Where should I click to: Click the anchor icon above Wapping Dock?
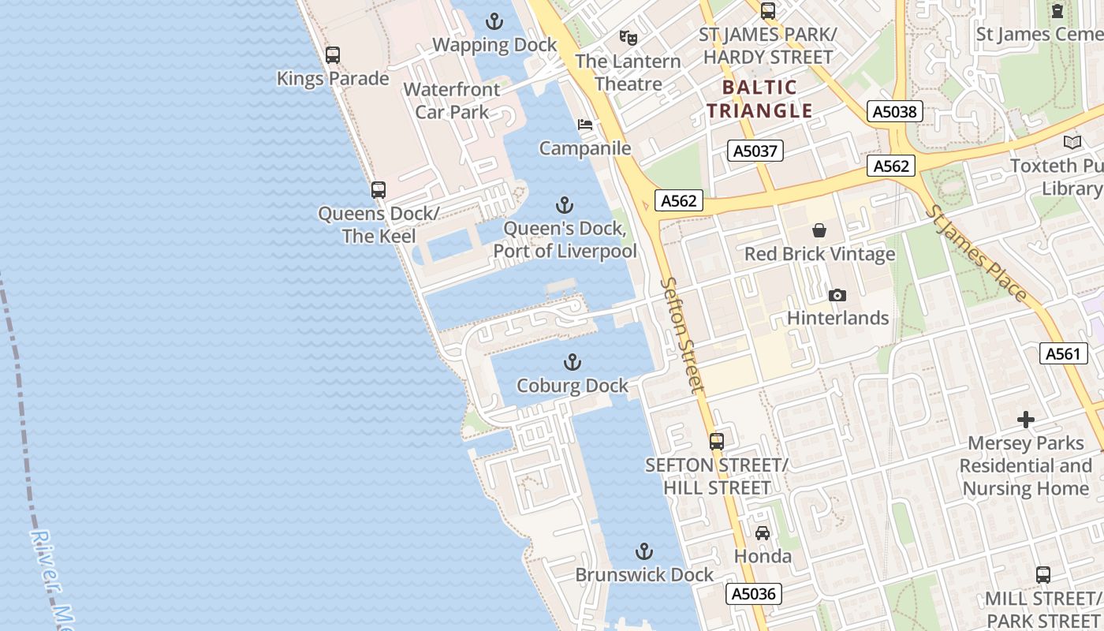[494, 21]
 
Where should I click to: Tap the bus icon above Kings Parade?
[333, 55]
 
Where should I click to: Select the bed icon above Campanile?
[585, 125]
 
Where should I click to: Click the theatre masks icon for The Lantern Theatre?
[628, 37]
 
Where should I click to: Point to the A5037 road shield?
[755, 151]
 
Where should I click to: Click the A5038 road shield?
[896, 111]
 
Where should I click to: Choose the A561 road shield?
[1062, 354]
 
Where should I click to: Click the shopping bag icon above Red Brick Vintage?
[819, 230]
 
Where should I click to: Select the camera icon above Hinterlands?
[837, 295]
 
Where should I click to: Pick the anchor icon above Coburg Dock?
[573, 362]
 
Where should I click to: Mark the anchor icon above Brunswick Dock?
[644, 551]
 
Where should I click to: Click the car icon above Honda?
[763, 533]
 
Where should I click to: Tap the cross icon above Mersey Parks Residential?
[1025, 419]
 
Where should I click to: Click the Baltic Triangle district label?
[759, 99]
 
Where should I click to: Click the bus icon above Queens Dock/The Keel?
[379, 190]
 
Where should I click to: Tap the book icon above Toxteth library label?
[1072, 142]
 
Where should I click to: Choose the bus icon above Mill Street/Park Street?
[1042, 575]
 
